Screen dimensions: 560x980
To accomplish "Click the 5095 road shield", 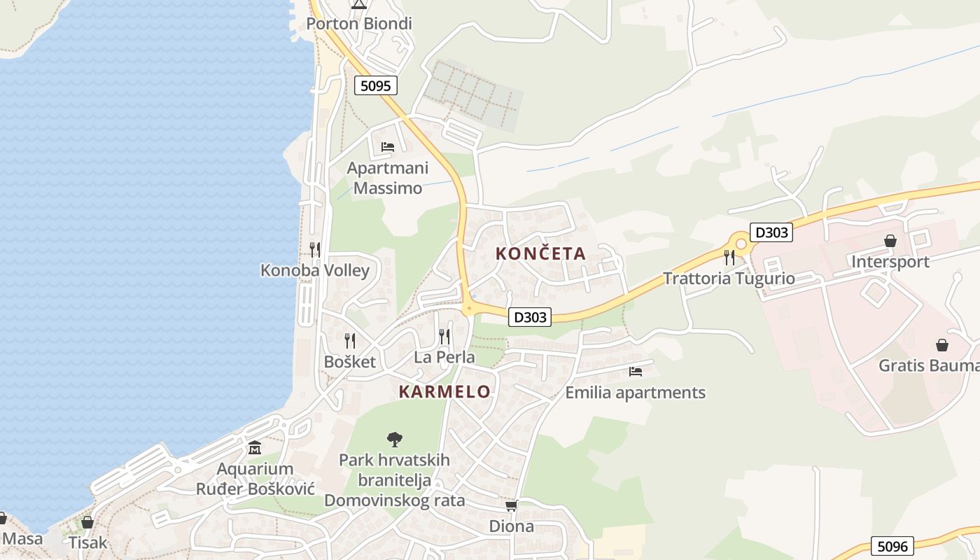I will pos(376,85).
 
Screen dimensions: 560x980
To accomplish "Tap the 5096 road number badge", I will pos(892,546).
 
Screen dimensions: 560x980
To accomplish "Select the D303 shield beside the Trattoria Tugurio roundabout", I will pos(771,232).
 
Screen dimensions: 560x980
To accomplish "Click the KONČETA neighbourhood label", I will pos(540,253).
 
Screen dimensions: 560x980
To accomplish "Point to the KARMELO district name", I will pos(444,392).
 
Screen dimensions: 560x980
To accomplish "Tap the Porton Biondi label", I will pos(359,24).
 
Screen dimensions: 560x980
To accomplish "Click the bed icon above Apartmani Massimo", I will pos(388,147).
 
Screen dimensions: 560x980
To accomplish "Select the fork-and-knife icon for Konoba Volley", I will pos(315,250).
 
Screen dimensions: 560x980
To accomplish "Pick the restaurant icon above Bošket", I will pos(350,341).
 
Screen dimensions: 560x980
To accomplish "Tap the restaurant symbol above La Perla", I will pos(444,337).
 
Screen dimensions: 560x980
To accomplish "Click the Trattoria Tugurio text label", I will pos(729,279).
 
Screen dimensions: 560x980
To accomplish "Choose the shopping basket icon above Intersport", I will pos(890,241).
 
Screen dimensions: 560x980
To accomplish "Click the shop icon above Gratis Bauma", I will pos(942,345).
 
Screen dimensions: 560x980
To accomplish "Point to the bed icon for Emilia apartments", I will pos(636,372).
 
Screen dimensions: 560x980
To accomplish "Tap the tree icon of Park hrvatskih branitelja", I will pos(395,440).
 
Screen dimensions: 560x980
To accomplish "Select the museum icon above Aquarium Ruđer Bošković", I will pos(255,448).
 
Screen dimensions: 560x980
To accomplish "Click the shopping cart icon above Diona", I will pos(511,505).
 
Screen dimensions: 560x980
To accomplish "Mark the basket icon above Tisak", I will pos(87,522).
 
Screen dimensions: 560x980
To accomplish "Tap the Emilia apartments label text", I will pos(635,393).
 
